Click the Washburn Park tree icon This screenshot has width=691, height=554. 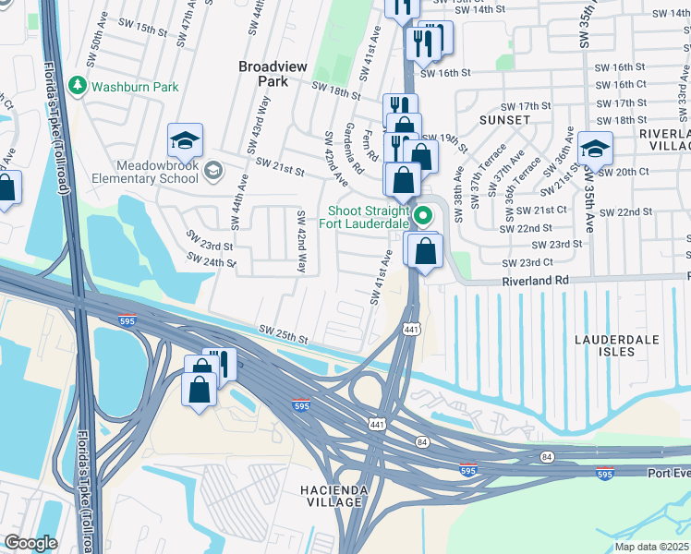click(79, 87)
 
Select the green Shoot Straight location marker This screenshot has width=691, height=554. click(424, 217)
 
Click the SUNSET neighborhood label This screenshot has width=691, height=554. click(504, 120)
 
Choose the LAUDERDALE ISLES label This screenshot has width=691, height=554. click(617, 345)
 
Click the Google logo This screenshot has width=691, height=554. click(30, 542)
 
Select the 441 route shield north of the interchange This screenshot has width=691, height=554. click(411, 329)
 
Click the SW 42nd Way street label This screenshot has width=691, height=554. click(301, 240)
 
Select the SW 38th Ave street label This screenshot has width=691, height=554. click(457, 186)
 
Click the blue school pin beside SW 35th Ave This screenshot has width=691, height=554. click(595, 148)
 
